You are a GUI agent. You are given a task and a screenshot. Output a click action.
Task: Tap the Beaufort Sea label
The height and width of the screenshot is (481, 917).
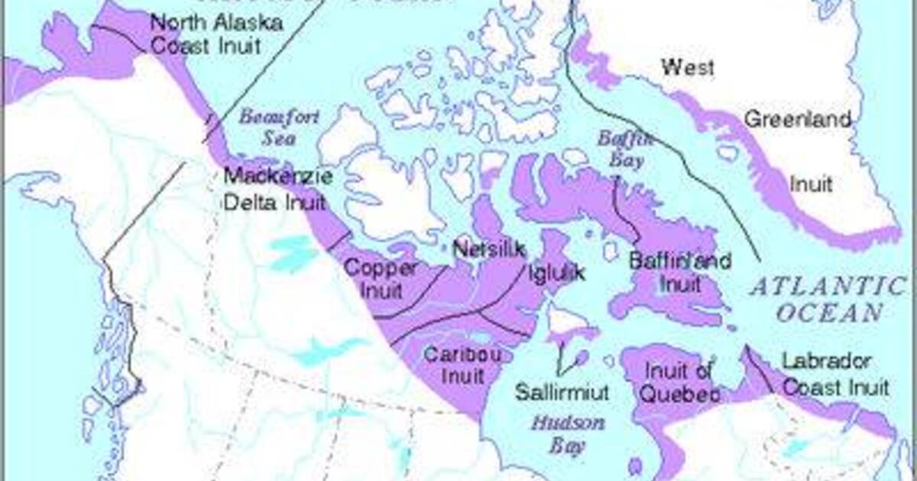(x=266, y=128)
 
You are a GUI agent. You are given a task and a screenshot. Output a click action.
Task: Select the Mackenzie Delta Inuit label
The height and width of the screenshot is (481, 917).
(x=277, y=189)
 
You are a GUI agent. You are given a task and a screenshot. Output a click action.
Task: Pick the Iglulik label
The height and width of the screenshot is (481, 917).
(x=556, y=273)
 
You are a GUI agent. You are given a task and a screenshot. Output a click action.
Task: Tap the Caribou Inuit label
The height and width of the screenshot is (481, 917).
(x=454, y=365)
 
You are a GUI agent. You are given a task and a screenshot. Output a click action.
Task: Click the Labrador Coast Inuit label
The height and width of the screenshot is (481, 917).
(x=835, y=374)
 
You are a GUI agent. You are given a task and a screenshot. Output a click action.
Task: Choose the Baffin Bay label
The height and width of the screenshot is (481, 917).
(x=626, y=150)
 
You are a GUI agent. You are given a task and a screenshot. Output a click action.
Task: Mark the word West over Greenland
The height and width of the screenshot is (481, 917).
(x=688, y=67)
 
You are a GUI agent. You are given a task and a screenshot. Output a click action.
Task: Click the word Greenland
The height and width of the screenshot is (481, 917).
(x=797, y=120)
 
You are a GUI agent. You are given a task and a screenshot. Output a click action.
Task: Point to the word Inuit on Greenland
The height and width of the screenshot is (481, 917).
(x=810, y=184)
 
